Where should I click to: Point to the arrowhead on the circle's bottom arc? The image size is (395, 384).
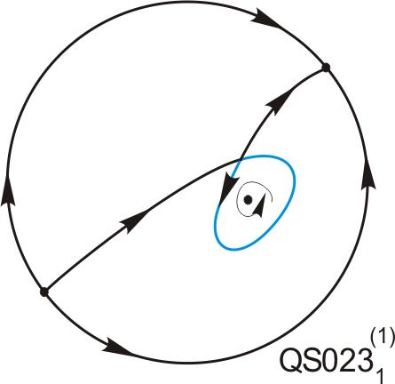(x=117, y=346)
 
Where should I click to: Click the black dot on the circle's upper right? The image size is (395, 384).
(x=326, y=68)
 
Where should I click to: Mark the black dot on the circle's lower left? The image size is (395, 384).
(x=43, y=292)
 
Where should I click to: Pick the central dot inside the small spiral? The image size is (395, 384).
(x=248, y=200)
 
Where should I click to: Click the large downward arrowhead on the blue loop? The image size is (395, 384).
(x=228, y=189)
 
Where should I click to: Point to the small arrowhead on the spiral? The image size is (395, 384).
(x=258, y=207)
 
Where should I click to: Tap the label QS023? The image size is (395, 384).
(x=326, y=359)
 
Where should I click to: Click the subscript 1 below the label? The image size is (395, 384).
(x=380, y=373)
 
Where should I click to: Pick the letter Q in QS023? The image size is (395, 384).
(x=291, y=360)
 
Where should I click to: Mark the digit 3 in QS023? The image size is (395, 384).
(x=364, y=359)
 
